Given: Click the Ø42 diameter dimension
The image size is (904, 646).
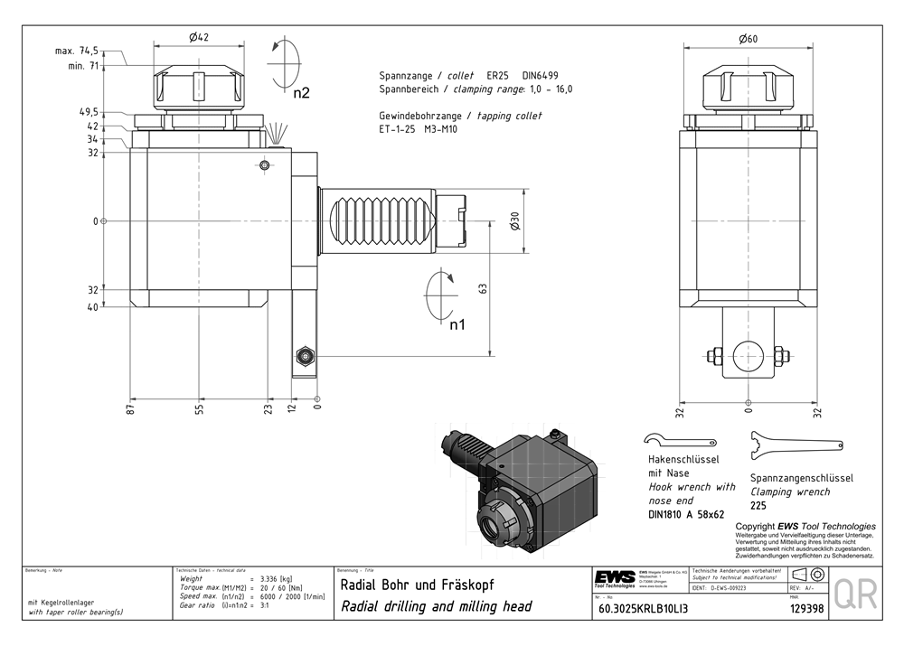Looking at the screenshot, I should (x=199, y=37).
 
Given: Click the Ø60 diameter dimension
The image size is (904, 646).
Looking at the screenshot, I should (x=748, y=38).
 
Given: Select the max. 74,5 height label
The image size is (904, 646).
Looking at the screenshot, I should (x=77, y=51).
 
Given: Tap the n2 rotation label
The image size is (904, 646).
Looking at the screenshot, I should (x=301, y=92).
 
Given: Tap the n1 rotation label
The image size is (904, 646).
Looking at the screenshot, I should (x=458, y=324).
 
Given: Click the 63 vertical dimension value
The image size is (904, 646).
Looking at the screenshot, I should (x=484, y=288).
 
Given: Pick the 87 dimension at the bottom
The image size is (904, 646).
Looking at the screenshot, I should (x=131, y=409).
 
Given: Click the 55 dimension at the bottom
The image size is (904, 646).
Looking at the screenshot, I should (x=199, y=409).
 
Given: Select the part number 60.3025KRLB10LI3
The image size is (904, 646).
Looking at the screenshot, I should (x=643, y=608).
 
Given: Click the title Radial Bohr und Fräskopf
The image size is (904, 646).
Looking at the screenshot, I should (x=416, y=584).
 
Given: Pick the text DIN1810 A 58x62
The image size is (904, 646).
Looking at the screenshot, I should (x=687, y=515).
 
